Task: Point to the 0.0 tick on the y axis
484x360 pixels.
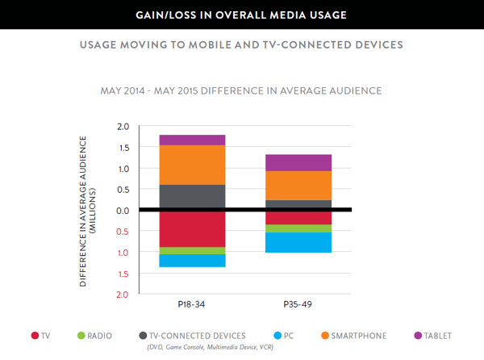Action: [x=123, y=211]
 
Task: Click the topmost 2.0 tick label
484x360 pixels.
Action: [x=123, y=127]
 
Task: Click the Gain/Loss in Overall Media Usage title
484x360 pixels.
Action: [x=242, y=15]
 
